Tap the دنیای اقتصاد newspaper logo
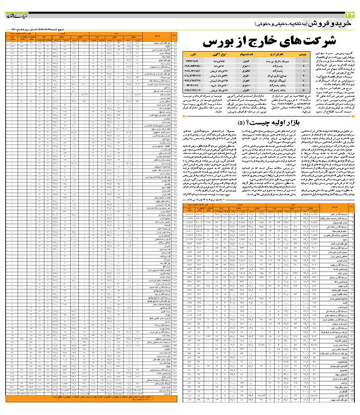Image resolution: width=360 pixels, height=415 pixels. click(x=15, y=16)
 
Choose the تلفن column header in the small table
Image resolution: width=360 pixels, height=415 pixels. click(x=197, y=53)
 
